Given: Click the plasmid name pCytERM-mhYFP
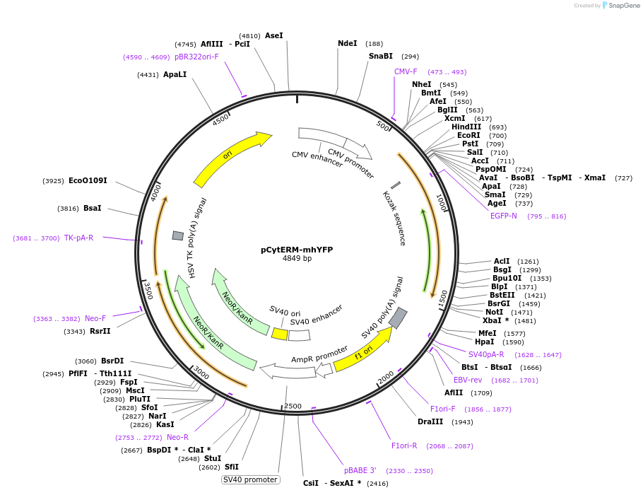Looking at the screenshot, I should [296, 250].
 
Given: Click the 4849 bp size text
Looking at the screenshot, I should [297, 259].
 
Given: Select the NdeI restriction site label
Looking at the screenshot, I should [347, 43].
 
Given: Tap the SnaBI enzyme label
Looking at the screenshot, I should [380, 56].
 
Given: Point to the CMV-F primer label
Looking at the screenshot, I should [406, 71].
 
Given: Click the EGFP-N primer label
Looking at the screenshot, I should [504, 216].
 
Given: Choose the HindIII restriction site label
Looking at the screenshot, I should [466, 127].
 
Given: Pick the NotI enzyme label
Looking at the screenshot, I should [494, 312].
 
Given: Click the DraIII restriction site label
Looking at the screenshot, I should [430, 421].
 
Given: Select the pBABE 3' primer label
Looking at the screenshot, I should [360, 470].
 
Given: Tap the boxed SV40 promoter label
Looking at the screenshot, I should [251, 479].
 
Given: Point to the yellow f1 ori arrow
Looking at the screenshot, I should [363, 351].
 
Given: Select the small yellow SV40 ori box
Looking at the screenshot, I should [280, 334].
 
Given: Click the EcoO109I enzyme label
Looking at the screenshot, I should [88, 181].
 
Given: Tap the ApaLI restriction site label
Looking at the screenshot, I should [175, 74].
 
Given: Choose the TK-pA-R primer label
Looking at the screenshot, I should [78, 238].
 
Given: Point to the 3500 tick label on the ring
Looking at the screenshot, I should [148, 290].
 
